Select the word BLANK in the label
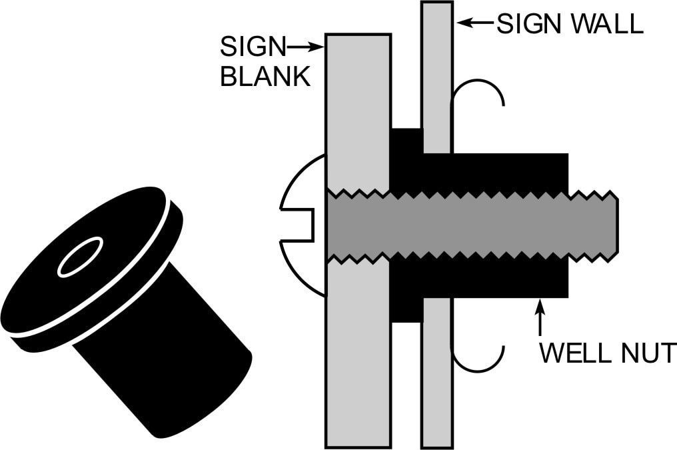coord(266,77)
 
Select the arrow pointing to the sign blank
coord(306,47)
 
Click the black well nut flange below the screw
coord(406,293)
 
